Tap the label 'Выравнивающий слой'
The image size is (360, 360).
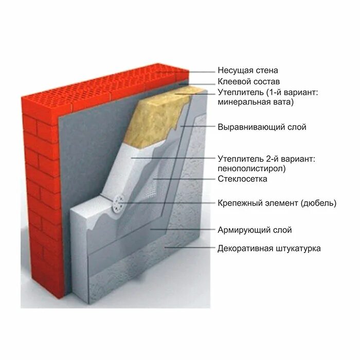pyautogui.click(x=262, y=127)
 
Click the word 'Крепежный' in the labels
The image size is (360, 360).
pyautogui.click(x=237, y=203)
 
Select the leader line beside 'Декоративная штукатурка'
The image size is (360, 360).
pyautogui.click(x=190, y=248)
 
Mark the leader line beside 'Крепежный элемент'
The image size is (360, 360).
pyautogui.click(x=170, y=203)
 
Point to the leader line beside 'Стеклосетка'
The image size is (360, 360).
pyautogui.click(x=180, y=179)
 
